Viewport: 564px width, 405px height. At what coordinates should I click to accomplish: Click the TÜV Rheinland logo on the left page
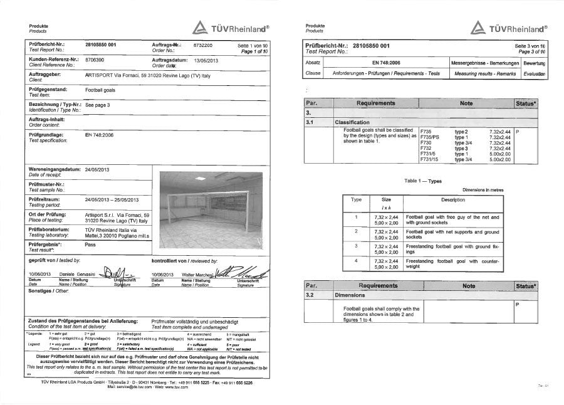click(x=230, y=28)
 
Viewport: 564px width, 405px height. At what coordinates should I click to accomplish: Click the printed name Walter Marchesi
click(x=196, y=274)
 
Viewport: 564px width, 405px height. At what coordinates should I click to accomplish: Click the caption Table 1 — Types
click(x=422, y=181)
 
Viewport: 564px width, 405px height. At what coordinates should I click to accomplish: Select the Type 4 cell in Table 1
click(x=356, y=260)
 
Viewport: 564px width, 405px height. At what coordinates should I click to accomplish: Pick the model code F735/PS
click(x=429, y=137)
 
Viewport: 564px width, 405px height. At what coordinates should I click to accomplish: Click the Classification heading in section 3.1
click(x=355, y=122)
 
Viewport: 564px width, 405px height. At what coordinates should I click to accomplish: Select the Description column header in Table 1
click(x=452, y=200)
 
